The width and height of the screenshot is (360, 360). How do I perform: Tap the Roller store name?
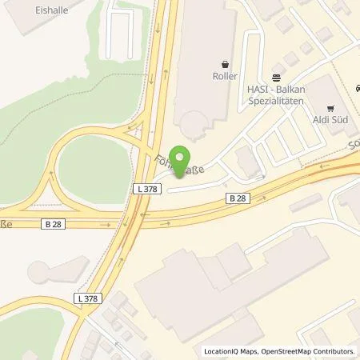coord(226,78)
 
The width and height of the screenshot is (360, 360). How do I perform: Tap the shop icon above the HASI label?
coord(275,78)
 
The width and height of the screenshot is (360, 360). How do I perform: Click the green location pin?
coord(183,161)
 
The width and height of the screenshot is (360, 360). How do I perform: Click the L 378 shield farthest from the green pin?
coord(90,298)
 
